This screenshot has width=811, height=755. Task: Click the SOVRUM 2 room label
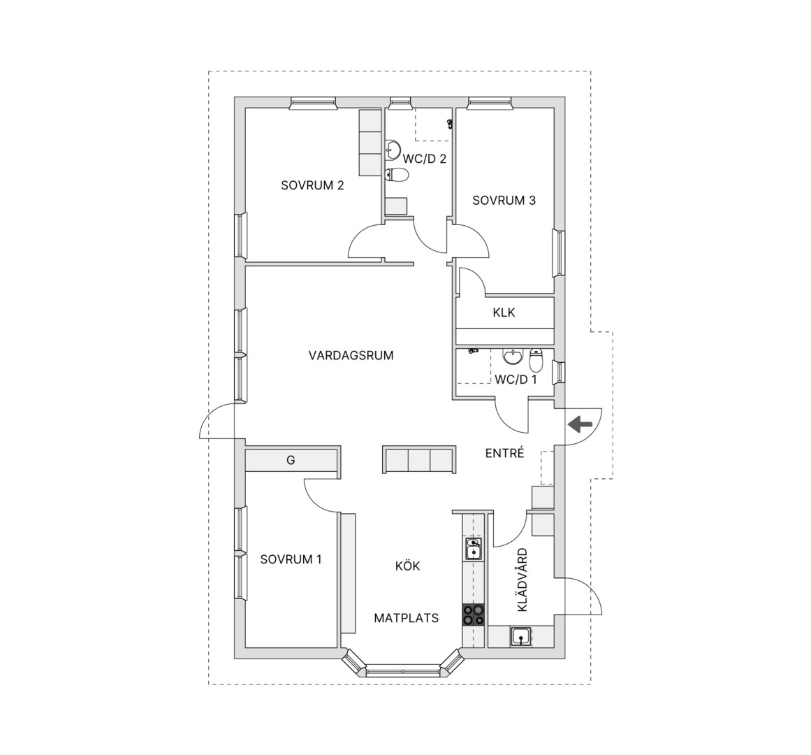[312, 185]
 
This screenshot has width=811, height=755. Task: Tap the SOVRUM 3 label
[504, 200]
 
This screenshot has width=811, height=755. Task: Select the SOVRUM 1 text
[291, 559]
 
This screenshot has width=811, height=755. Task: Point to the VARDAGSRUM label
[351, 356]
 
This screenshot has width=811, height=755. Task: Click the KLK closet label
[504, 312]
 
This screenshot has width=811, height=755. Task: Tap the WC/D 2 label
[424, 159]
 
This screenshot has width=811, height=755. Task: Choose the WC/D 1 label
[516, 380]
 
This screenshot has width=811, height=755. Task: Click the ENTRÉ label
[505, 453]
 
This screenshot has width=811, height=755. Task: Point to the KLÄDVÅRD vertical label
[523, 580]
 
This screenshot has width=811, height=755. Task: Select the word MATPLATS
[407, 618]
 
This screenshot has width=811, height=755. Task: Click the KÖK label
[407, 566]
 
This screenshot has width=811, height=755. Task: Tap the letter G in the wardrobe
[291, 460]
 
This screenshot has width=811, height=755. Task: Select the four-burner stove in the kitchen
[473, 615]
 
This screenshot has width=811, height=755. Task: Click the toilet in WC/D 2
[397, 176]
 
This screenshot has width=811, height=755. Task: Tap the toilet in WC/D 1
[536, 360]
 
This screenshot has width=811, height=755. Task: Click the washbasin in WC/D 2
[393, 150]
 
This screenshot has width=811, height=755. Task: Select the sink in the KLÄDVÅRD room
[520, 636]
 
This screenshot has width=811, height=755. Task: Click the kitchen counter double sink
[473, 549]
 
